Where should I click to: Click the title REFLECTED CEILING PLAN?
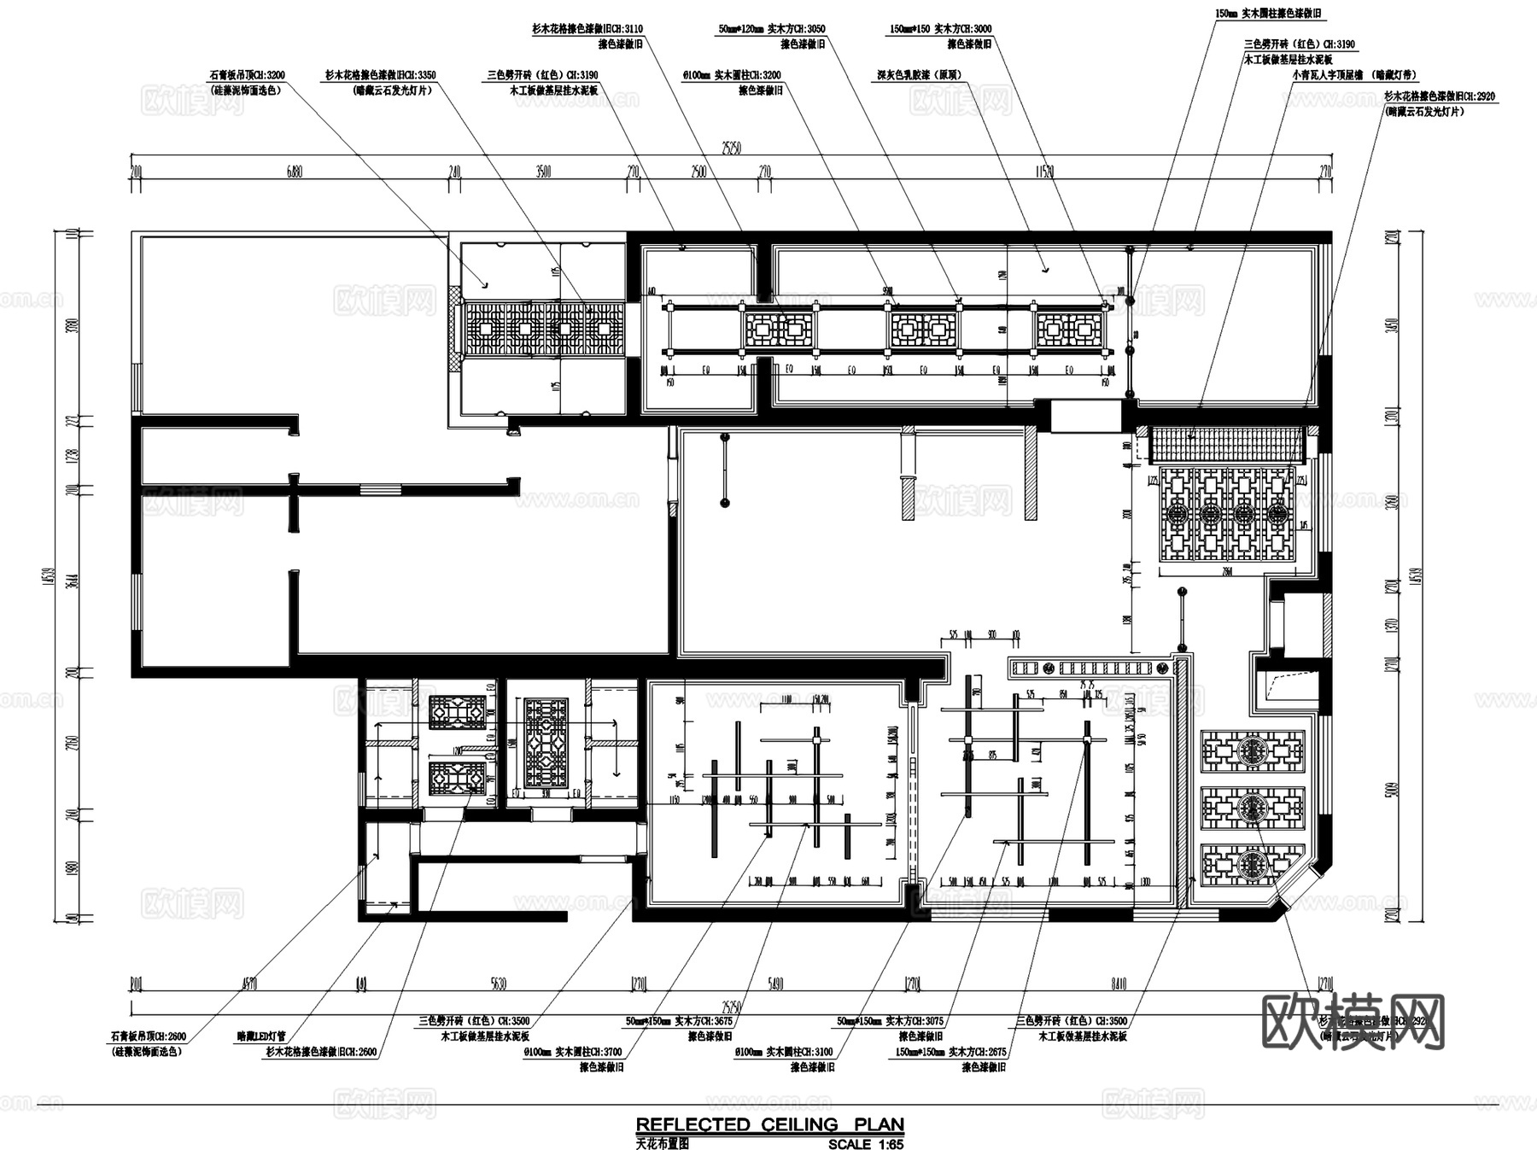tap(769, 1124)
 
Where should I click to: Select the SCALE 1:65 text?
tap(865, 1144)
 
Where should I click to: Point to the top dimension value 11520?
tap(1043, 172)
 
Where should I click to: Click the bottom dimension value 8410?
tap(1119, 984)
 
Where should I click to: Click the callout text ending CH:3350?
tap(380, 75)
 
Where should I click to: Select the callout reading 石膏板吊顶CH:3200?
tap(247, 75)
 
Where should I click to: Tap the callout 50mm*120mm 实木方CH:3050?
tap(772, 29)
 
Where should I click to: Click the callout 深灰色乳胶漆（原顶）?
tap(920, 75)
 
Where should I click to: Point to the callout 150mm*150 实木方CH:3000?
tap(941, 29)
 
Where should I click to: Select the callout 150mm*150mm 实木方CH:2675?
tap(951, 1052)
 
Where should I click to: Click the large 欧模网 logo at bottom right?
tap(1353, 1021)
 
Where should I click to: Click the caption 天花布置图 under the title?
tap(662, 1144)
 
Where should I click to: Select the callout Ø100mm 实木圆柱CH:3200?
tap(732, 75)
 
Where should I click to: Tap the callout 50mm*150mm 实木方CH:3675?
tap(679, 1021)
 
